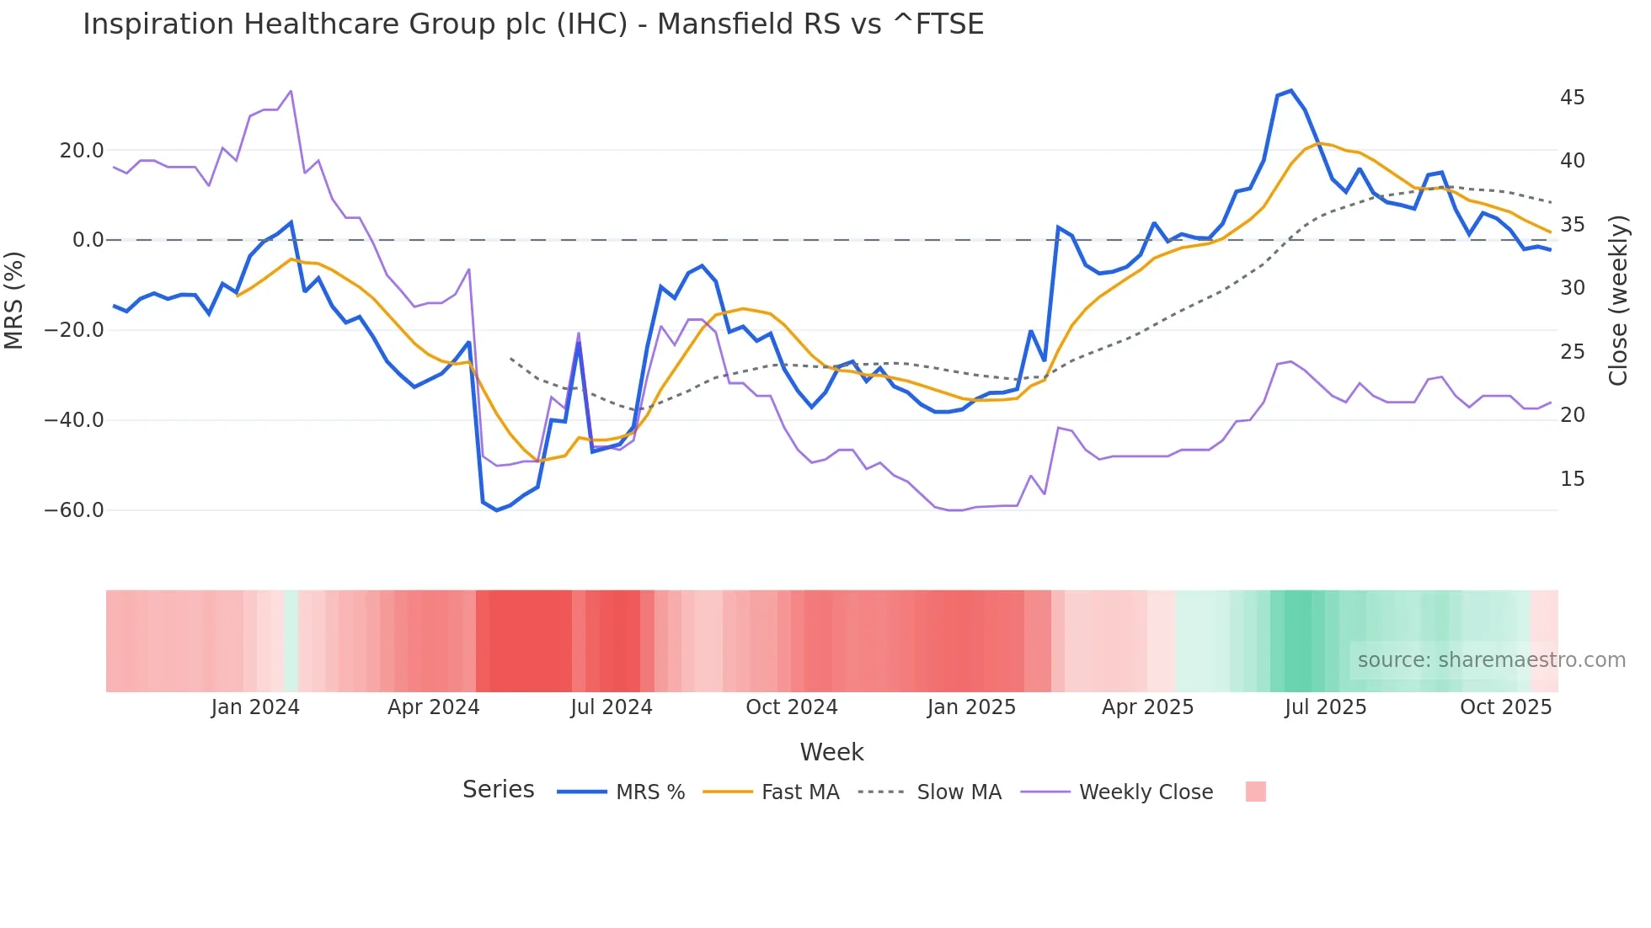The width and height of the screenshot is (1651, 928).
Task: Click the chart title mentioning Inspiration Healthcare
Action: (533, 24)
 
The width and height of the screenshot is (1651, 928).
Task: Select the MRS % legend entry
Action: (649, 792)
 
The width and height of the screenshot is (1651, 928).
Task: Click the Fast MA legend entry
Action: (799, 792)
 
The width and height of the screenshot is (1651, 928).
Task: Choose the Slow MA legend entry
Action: (959, 792)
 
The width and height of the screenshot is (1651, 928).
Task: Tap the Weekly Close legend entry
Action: (1146, 792)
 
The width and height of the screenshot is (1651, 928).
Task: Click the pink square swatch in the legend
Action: (1255, 792)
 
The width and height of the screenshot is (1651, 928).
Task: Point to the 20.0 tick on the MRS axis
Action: (82, 151)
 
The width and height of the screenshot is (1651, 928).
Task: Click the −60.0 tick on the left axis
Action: (74, 510)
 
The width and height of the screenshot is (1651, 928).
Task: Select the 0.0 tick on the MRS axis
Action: (88, 240)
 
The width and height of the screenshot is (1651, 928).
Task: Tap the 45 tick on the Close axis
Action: (1572, 98)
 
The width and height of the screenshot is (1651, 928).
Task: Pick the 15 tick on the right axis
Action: (1572, 479)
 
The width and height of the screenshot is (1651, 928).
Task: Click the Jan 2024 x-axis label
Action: (255, 707)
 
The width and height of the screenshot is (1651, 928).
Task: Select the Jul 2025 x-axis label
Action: (1325, 707)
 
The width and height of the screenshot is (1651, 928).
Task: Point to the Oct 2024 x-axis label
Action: (792, 707)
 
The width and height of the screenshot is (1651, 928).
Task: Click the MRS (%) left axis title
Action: (14, 300)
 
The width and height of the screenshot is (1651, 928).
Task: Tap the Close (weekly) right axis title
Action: (1618, 301)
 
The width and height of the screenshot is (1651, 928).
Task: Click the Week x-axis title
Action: (831, 752)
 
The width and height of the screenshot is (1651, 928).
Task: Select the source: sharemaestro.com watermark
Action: (1491, 660)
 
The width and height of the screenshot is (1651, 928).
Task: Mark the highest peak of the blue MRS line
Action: (1290, 91)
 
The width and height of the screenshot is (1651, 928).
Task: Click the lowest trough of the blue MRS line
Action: (496, 510)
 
